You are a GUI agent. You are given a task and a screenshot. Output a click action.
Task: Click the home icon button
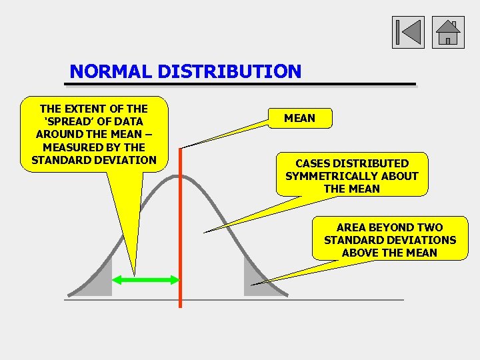tap(448, 33)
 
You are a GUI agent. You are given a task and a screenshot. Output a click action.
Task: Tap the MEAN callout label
tap(299, 118)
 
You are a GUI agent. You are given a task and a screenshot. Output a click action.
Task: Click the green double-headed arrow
tap(146, 281)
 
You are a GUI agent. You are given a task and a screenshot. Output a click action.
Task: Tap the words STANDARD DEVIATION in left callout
tap(93, 160)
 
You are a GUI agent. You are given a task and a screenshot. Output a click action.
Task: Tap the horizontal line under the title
tap(240, 85)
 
